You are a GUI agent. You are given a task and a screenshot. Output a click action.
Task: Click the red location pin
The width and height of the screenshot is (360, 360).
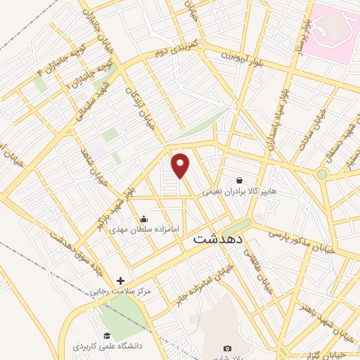181,165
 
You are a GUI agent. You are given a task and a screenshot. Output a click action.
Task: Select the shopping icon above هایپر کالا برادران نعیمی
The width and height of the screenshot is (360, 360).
240,181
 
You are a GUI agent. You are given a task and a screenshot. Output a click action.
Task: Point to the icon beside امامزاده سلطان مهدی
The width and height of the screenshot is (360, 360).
144,219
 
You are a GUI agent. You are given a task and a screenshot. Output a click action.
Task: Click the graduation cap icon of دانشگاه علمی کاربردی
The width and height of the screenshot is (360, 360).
107,335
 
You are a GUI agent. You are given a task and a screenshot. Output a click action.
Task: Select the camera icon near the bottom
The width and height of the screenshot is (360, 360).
227,348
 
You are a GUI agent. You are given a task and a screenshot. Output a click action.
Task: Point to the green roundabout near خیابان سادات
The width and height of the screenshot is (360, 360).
322,174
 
